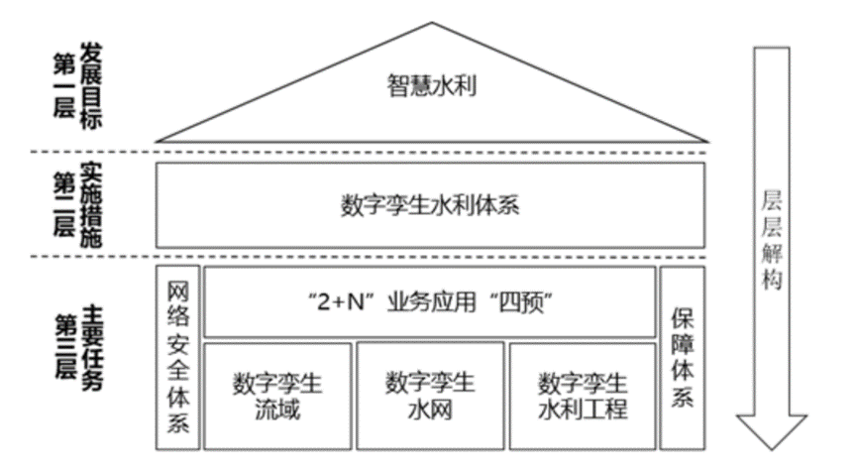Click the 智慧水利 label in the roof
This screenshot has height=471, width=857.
(x=430, y=86)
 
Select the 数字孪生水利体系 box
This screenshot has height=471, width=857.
(x=430, y=206)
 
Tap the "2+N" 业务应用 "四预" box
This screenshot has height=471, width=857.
(x=430, y=301)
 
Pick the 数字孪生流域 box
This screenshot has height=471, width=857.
(x=276, y=395)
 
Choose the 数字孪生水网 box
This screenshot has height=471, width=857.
(x=429, y=395)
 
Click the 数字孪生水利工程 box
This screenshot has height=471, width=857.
(x=583, y=395)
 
